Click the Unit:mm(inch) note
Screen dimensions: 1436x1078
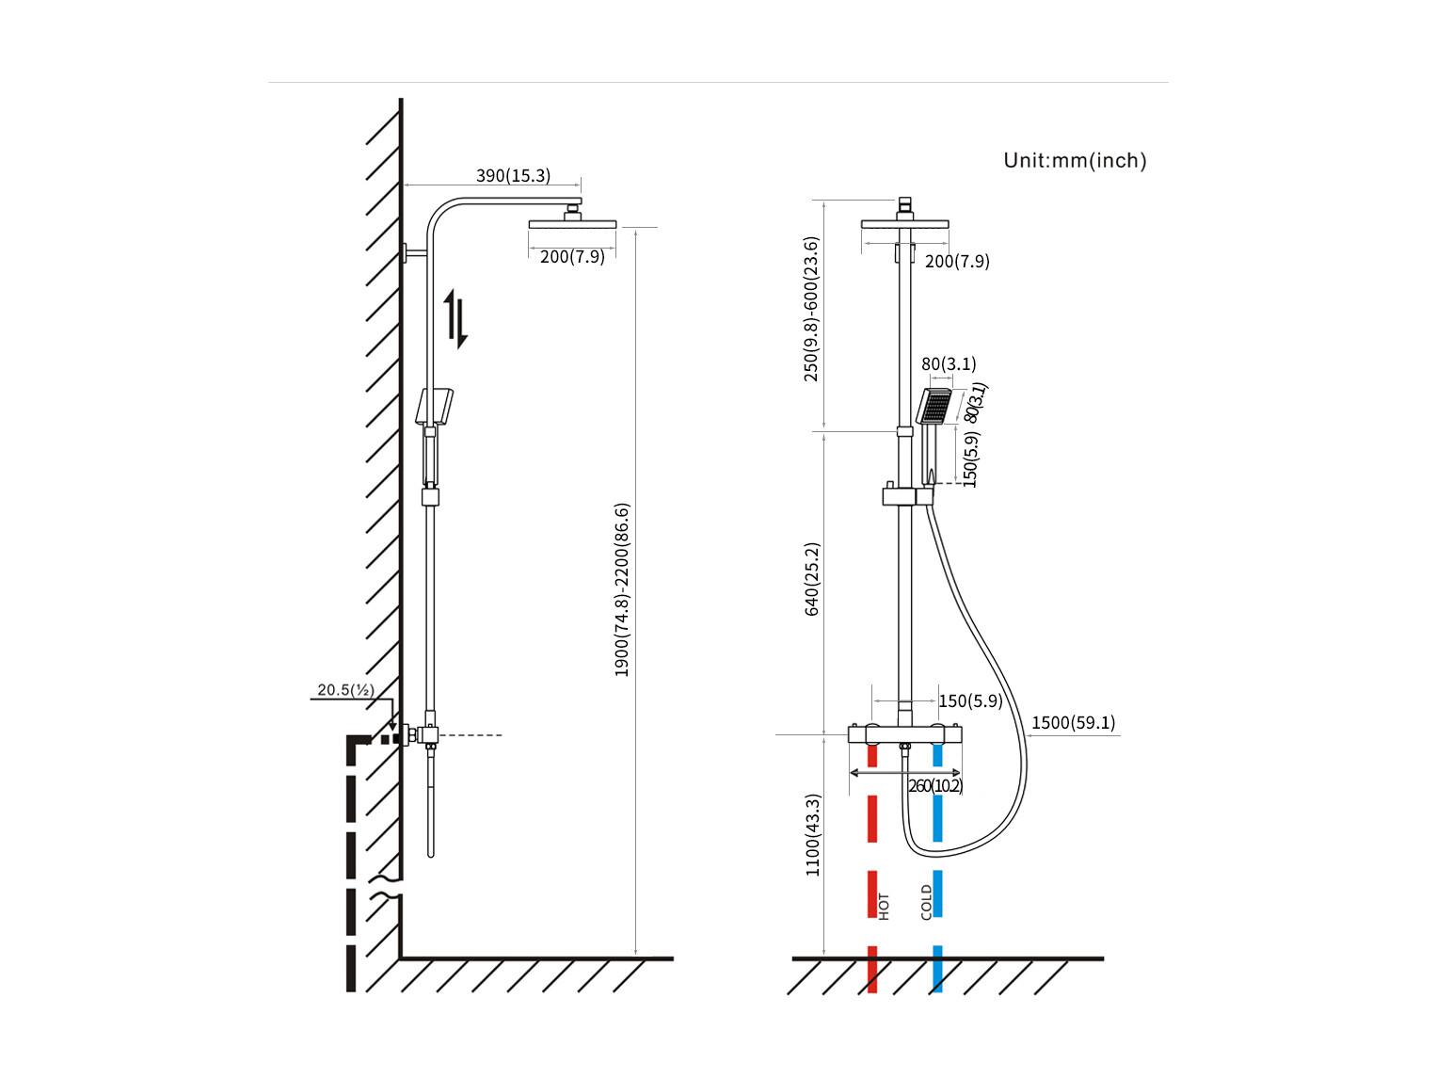coord(1075,160)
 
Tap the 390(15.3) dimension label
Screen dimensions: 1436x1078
coord(513,175)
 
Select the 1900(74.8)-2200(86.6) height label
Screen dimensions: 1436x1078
coord(621,589)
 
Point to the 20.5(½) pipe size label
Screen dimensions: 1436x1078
coord(345,689)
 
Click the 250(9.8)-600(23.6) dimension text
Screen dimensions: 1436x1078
coord(810,309)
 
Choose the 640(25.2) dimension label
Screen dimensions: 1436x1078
coord(811,579)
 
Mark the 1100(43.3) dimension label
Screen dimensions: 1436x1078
coord(812,834)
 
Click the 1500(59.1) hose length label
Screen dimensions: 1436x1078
coord(1073,723)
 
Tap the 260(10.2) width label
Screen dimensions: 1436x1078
coord(934,786)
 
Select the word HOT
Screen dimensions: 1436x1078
coord(884,907)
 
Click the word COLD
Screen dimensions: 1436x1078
coord(926,902)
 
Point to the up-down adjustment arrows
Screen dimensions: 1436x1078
coord(455,319)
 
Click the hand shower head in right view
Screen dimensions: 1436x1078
coord(933,407)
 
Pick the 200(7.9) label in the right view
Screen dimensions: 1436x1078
coord(957,261)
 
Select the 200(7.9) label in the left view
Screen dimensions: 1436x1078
coord(572,257)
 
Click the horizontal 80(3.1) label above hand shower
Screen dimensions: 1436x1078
coord(949,363)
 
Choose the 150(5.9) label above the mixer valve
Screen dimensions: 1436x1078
coord(971,701)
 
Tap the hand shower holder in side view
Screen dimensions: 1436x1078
coord(435,407)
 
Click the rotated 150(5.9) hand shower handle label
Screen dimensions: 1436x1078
coord(971,459)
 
